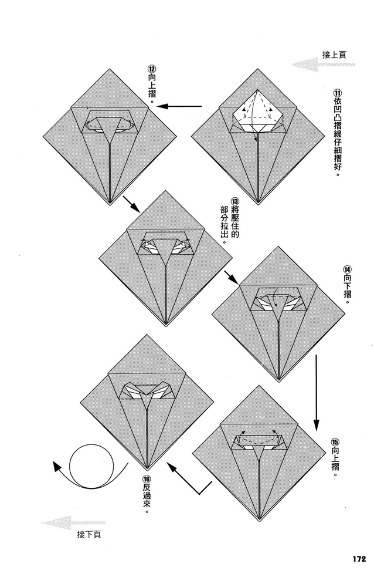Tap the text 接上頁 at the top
pyautogui.click(x=334, y=55)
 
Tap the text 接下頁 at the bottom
pyautogui.click(x=89, y=535)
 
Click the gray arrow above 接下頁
pyautogui.click(x=74, y=522)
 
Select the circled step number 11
pyautogui.click(x=337, y=94)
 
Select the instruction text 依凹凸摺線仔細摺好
pyautogui.click(x=337, y=141)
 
